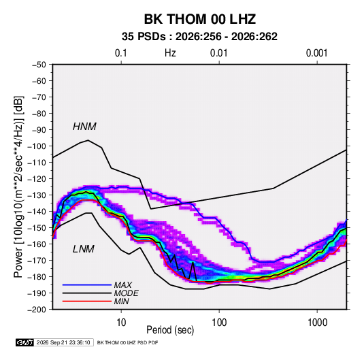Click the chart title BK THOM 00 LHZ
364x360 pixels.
[200, 19]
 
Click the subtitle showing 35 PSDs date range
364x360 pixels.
[199, 37]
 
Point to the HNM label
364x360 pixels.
[84, 127]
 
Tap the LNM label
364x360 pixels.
[84, 249]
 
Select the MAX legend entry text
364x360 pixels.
[123, 285]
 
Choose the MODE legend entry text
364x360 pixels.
[127, 293]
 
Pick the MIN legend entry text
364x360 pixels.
[121, 301]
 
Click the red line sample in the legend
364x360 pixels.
[87, 301]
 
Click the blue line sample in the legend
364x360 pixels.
[87, 285]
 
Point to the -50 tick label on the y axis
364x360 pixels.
[39, 65]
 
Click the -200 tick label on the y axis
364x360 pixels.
[37, 310]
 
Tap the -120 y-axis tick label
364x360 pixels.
[37, 179]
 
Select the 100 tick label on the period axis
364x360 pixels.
[219, 323]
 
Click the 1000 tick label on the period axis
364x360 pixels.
[317, 323]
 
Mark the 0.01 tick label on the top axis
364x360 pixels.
[218, 53]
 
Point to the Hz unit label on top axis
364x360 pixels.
[170, 53]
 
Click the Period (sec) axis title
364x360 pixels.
[170, 330]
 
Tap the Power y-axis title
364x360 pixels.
[18, 187]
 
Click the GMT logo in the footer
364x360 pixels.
[25, 342]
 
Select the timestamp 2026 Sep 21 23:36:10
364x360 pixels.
[63, 342]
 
